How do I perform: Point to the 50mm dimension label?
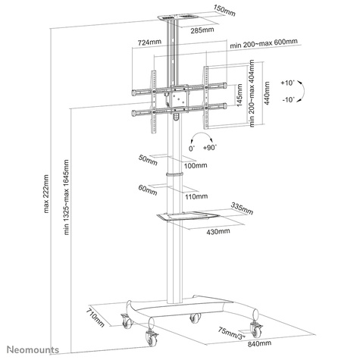(x=146, y=158)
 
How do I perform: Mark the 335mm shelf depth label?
(x=239, y=205)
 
